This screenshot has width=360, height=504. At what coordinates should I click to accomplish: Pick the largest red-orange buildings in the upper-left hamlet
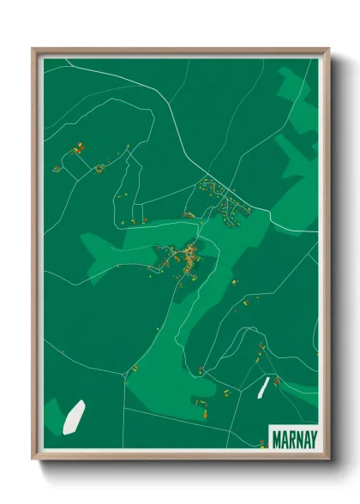(75, 149)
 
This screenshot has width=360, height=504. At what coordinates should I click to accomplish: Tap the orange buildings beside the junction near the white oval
(134, 369)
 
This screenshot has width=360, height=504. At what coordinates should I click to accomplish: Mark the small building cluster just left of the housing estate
(189, 214)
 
